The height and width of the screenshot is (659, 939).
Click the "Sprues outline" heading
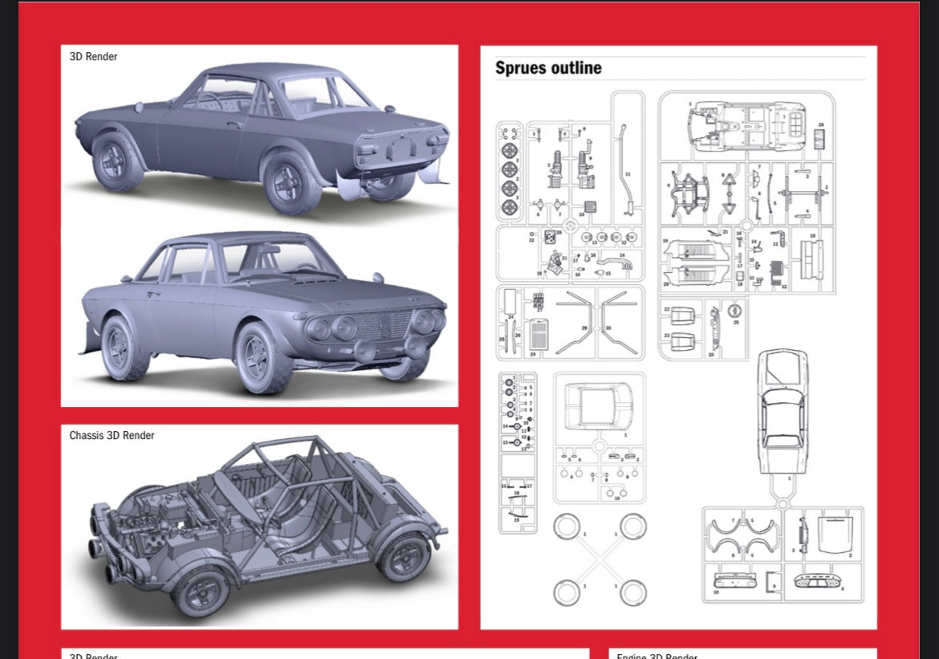coord(548,68)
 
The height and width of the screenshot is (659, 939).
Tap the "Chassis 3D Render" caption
coord(112,435)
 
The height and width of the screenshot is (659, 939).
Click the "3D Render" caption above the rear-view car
coord(93,56)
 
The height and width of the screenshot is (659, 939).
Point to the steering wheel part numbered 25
coord(734,311)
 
